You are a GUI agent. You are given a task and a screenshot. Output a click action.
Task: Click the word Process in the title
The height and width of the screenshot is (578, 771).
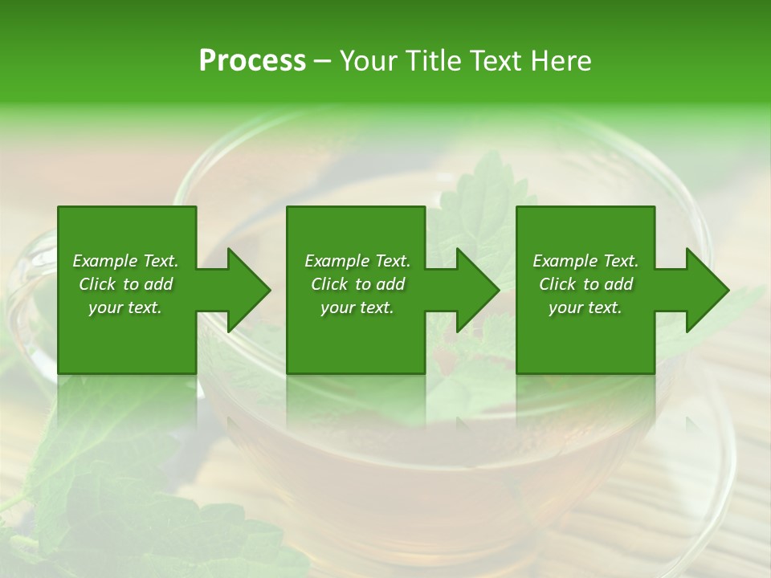(252, 61)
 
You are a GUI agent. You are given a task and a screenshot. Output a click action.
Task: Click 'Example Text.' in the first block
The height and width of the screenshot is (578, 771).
(125, 261)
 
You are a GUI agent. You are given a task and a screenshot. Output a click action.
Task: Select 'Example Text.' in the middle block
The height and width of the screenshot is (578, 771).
(357, 261)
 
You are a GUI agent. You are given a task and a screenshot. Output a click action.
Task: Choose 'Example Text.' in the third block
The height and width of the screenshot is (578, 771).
(585, 261)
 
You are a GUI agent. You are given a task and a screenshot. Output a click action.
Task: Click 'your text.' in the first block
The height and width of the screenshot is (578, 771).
(125, 307)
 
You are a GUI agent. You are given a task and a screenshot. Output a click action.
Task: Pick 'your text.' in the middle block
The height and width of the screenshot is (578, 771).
(357, 307)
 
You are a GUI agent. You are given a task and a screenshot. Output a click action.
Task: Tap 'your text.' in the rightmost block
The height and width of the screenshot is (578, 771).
(585, 307)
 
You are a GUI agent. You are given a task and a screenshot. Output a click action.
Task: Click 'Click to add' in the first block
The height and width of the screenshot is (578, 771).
(125, 284)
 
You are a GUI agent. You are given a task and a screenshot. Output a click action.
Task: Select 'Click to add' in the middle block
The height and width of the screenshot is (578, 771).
(357, 284)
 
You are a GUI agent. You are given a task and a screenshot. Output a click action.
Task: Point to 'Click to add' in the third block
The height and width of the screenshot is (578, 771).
(585, 284)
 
